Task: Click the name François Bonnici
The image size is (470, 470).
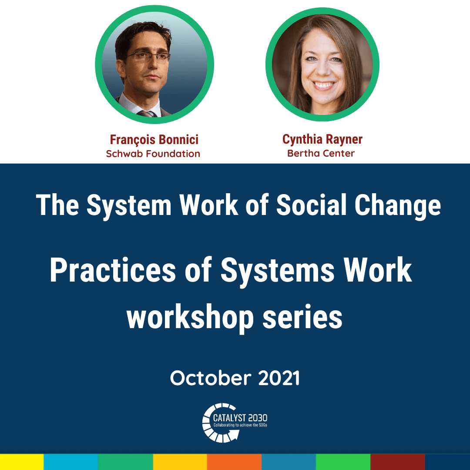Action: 154,140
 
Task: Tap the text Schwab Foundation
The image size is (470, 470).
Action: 153,154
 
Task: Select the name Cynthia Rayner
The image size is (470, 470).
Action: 322,140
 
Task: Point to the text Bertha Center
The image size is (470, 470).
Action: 321,154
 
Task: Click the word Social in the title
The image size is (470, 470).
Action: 311,205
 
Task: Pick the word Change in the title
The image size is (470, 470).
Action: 398,207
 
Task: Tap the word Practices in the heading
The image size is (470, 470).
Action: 113,270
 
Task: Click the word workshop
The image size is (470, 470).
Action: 190,319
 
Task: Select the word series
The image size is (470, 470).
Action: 302,318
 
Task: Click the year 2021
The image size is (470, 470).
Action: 279,378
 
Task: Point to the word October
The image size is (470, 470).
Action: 211,378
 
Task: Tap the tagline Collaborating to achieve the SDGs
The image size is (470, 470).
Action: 240,425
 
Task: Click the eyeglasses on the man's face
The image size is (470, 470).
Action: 147,56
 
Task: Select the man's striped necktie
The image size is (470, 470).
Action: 148,114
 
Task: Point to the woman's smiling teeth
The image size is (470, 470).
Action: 323,85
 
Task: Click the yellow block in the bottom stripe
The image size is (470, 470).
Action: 22,462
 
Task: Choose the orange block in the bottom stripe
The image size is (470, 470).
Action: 235,462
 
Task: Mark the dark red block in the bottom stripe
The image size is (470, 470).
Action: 398,462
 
